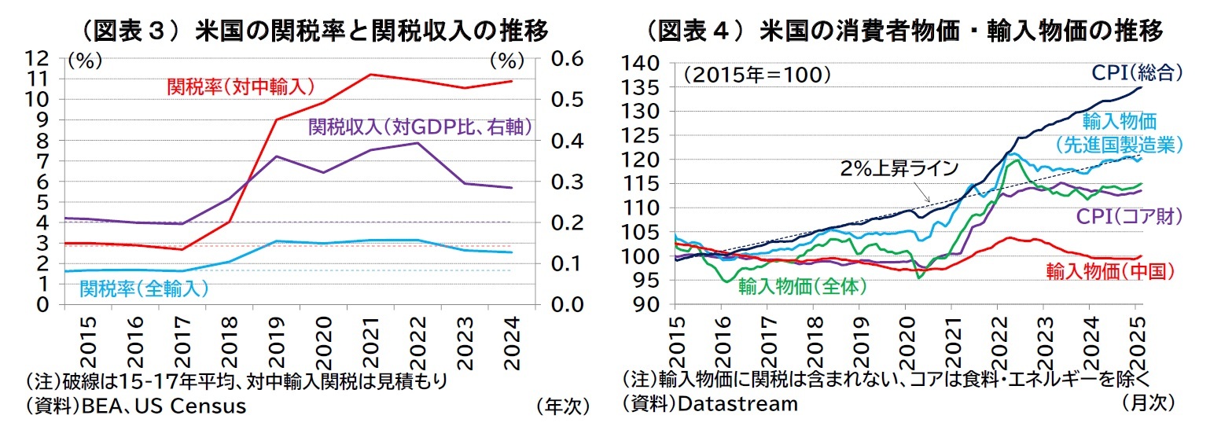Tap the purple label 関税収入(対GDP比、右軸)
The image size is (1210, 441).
coord(420,126)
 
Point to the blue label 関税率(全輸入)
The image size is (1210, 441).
coord(144,288)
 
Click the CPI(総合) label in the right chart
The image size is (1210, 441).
coord(1137,73)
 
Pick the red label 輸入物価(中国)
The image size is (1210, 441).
coord(1109,271)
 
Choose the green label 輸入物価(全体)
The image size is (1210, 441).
coord(801,286)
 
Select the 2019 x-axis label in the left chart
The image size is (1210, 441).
coord(277,339)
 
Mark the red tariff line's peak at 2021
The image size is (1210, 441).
coord(370,75)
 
